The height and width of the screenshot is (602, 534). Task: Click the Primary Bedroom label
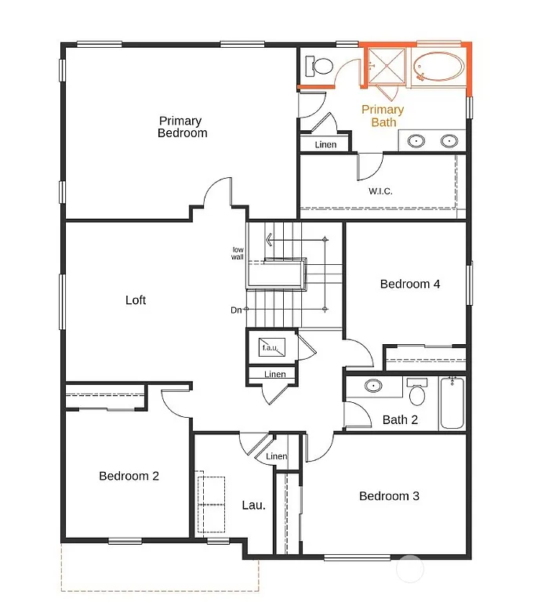(x=182, y=127)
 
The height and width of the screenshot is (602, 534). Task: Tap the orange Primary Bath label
(x=383, y=116)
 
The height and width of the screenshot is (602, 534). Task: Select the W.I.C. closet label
(x=380, y=191)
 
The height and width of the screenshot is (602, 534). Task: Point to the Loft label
(x=136, y=300)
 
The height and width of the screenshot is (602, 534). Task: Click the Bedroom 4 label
(x=409, y=284)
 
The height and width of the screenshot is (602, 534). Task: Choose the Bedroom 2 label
(x=129, y=476)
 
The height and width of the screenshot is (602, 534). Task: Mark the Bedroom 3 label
(x=389, y=496)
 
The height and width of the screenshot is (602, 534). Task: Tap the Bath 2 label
(x=400, y=420)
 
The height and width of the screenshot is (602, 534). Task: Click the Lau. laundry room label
(x=252, y=505)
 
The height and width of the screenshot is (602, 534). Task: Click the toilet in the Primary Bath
(x=319, y=63)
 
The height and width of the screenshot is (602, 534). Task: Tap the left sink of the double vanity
(x=417, y=142)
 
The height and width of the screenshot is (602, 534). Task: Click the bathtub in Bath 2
(x=452, y=403)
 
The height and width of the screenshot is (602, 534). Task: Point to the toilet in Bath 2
(x=416, y=392)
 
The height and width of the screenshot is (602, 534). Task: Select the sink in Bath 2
(x=373, y=386)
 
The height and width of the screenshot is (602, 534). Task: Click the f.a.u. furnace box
(x=272, y=346)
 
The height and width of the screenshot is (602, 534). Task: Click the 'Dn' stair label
(x=236, y=310)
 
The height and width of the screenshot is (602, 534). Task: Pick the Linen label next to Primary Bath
(x=325, y=144)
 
